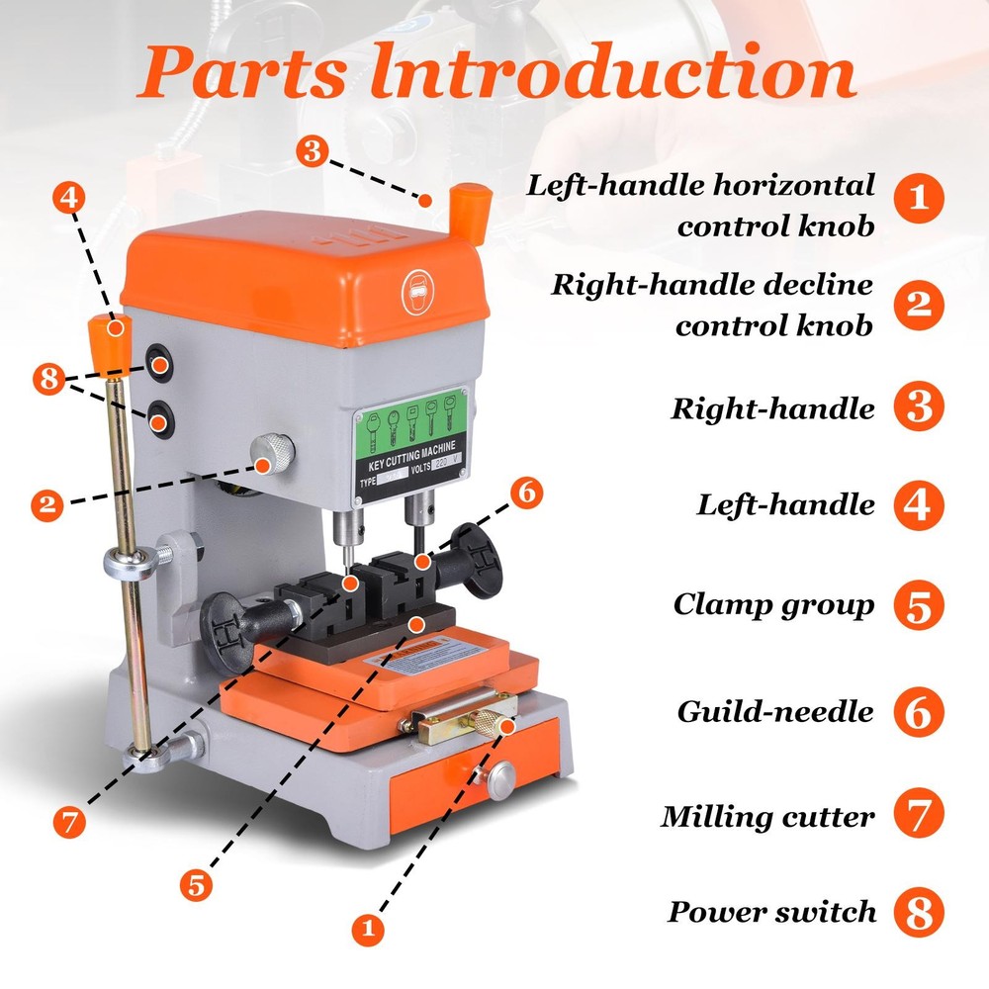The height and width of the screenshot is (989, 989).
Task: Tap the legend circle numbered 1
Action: click(919, 198)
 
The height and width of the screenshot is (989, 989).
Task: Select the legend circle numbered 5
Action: click(919, 605)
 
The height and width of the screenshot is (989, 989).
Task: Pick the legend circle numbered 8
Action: click(919, 912)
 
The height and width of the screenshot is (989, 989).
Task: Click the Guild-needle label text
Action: click(775, 711)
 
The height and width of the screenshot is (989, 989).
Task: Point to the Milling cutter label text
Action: click(768, 817)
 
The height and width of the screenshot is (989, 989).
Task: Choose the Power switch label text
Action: click(771, 912)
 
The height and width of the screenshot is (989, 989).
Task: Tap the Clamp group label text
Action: click(773, 604)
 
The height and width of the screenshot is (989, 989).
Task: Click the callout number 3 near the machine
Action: click(312, 151)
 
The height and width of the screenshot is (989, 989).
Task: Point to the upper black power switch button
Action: click(158, 365)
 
